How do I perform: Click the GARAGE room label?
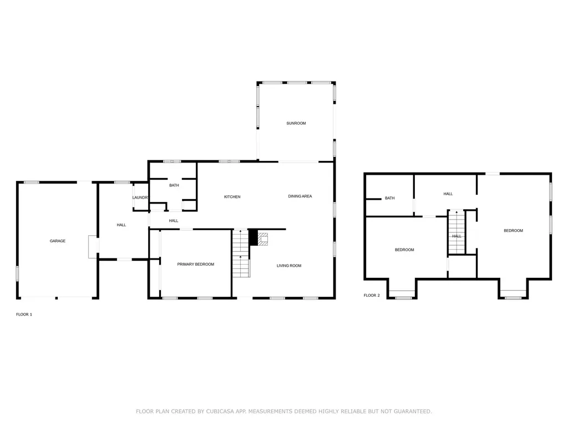pyautogui.click(x=58, y=241)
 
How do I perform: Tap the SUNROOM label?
pyautogui.click(x=296, y=123)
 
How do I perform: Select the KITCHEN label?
pyautogui.click(x=232, y=197)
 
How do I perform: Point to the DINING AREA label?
pyautogui.click(x=300, y=196)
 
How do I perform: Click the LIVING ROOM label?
pyautogui.click(x=289, y=266)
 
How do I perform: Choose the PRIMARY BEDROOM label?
pyautogui.click(x=196, y=265)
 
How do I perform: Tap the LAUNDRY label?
pyautogui.click(x=140, y=197)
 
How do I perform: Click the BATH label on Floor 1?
pyautogui.click(x=174, y=185)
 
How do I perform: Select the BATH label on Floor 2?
pyautogui.click(x=390, y=198)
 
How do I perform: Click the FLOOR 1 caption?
pyautogui.click(x=24, y=315)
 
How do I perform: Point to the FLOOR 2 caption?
pyautogui.click(x=372, y=295)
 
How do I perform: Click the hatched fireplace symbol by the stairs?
pyautogui.click(x=262, y=239)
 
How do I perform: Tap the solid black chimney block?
pyautogui.click(x=253, y=237)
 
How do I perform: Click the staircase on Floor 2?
pyautogui.click(x=457, y=232)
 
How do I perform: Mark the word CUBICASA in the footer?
pyautogui.click(x=220, y=411)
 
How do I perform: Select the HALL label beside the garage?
pyautogui.click(x=121, y=225)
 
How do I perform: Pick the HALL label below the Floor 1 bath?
pyautogui.click(x=174, y=221)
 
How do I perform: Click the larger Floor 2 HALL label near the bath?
pyautogui.click(x=448, y=194)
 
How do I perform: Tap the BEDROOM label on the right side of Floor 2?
pyautogui.click(x=513, y=230)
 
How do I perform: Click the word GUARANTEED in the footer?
pyautogui.click(x=413, y=411)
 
